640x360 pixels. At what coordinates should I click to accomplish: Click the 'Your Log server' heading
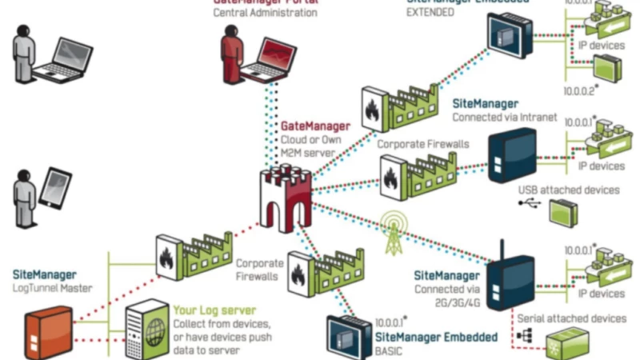coord(214,310)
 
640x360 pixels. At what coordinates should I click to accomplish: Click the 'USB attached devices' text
coord(568,190)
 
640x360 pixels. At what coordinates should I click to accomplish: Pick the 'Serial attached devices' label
coord(571,318)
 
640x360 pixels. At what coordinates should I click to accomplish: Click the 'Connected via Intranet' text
coord(505,117)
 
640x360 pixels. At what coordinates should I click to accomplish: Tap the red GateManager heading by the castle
coord(315,126)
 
